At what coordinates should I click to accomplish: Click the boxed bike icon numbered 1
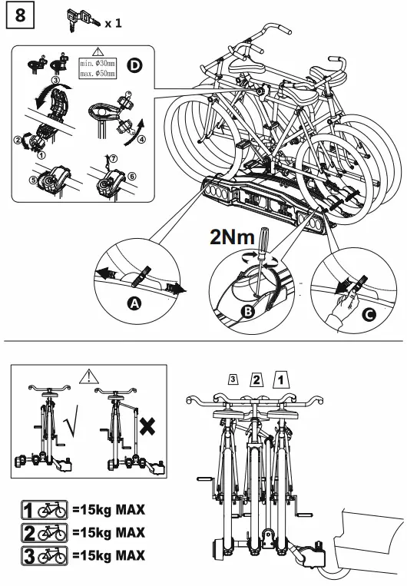click(44, 509)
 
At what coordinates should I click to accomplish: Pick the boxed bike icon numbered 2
click(44, 531)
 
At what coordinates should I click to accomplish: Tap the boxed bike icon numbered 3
click(44, 555)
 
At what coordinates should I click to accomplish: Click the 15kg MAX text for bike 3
click(108, 555)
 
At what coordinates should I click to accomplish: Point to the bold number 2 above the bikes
click(257, 378)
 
